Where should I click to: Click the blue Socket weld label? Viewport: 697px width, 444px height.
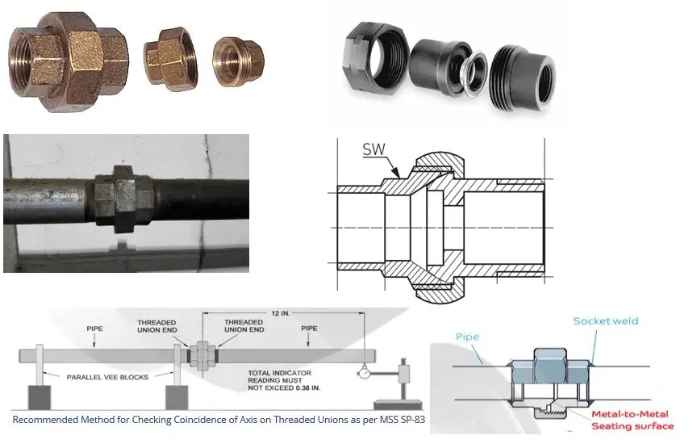(x=605, y=320)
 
